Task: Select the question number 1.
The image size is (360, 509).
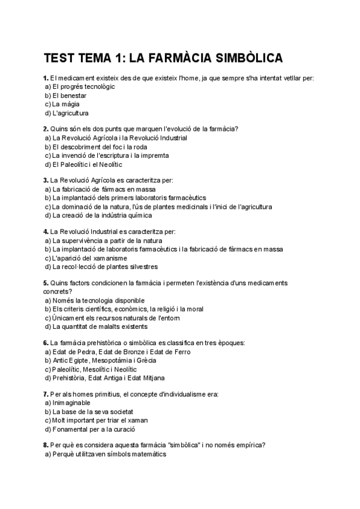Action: [x=46, y=78]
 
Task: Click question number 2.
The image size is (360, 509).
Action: [x=46, y=129]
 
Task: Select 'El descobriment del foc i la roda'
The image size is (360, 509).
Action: [x=100, y=146]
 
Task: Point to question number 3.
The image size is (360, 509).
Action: [x=46, y=180]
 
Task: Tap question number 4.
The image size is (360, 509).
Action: [x=46, y=232]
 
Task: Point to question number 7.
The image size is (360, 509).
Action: [x=46, y=394]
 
